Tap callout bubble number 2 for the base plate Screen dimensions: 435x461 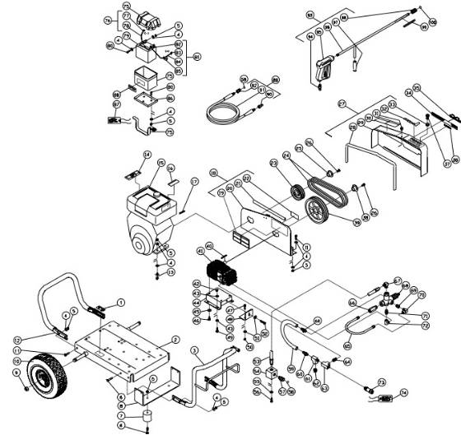click(175, 339)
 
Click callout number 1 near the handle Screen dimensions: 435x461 click(120, 303)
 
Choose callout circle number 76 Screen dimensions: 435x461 click(108, 19)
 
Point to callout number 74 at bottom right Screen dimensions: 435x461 click(404, 393)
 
